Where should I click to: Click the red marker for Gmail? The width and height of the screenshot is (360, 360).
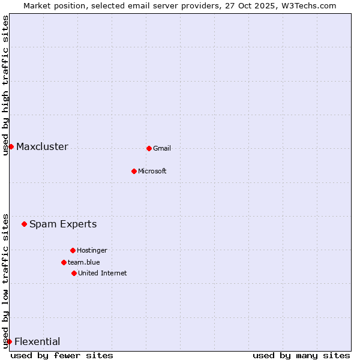pos(149,148)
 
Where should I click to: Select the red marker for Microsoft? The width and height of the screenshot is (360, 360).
pos(134,171)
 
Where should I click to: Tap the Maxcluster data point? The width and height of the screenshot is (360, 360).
pos(11,146)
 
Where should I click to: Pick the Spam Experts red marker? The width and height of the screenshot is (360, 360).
pos(24,224)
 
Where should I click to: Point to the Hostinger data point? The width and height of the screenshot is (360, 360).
pos(73,250)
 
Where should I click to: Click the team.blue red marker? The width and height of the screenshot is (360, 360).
pos(64,262)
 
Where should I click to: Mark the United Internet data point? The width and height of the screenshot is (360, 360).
pos(74,273)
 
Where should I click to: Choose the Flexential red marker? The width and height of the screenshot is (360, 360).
pos(9,341)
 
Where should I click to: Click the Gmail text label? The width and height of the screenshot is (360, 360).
pos(162,148)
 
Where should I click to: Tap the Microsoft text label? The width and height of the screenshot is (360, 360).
pos(152,171)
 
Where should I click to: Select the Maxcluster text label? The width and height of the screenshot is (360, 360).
pos(42,147)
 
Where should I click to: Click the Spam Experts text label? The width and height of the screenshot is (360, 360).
pos(63,224)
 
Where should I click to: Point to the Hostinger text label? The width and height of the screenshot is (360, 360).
pos(92,250)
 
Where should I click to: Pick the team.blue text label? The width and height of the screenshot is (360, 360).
pos(84,262)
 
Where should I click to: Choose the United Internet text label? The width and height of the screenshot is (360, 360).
pos(103,273)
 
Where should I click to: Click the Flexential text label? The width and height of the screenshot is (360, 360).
pos(37,342)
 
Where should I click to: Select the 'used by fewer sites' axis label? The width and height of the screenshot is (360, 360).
pos(62,355)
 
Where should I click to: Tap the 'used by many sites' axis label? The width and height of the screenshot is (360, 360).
pos(301,355)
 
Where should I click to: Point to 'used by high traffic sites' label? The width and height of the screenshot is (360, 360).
pos(5,85)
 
